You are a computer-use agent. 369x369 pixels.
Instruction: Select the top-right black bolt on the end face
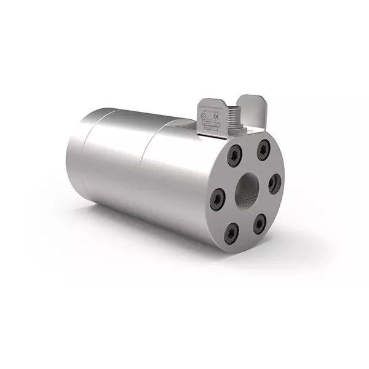tap(263, 148)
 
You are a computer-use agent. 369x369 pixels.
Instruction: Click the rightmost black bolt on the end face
tap(274, 182)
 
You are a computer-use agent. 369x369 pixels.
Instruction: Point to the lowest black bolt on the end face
tap(229, 232)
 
